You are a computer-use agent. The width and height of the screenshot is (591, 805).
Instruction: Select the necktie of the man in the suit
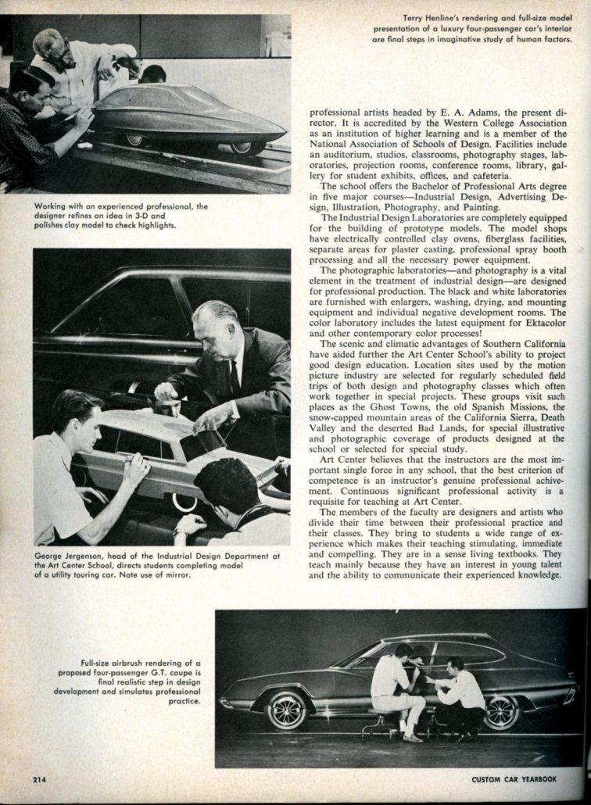(235, 377)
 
